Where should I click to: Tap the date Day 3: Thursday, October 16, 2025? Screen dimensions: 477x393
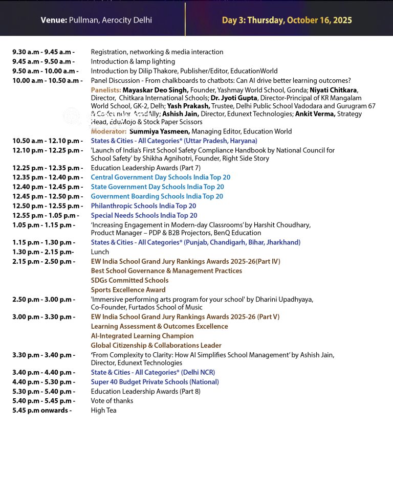pyautogui.click(x=287, y=20)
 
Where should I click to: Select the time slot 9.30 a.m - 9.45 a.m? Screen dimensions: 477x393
pyautogui.click(x=43, y=52)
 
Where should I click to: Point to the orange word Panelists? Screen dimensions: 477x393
pyautogui.click(x=106, y=90)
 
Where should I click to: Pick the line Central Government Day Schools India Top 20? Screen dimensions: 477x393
pyautogui.click(x=161, y=177)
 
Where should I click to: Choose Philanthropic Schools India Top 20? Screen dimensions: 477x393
pyautogui.click(x=143, y=206)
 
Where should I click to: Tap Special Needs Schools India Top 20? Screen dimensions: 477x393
pyautogui.click(x=144, y=215)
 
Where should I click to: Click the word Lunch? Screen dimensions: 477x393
pyautogui.click(x=100, y=252)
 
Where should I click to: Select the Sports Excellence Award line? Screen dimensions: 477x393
pyautogui.click(x=128, y=290)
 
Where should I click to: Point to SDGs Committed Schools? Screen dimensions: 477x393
pyautogui.click(x=129, y=280)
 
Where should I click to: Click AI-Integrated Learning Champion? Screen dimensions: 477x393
pyautogui.click(x=142, y=336)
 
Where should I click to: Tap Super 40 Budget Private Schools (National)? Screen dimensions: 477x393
pyautogui.click(x=155, y=382)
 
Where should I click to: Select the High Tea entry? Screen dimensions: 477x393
pyautogui.click(x=103, y=410)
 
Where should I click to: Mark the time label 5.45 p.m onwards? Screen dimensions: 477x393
pyautogui.click(x=42, y=410)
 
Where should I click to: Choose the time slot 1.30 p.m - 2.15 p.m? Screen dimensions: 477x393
pyautogui.click(x=43, y=252)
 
